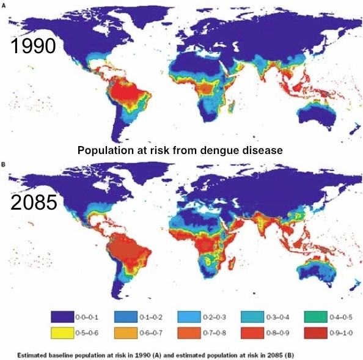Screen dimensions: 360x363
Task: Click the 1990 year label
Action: pyautogui.click(x=33, y=47)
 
